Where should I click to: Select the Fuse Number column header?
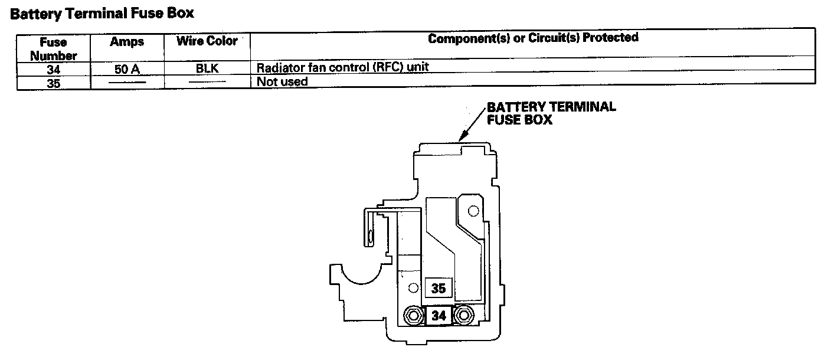coord(53,49)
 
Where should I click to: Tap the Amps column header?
coord(127,42)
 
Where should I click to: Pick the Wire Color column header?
coord(207,41)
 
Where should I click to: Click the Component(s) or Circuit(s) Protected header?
coord(533,38)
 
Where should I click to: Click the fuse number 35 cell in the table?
coord(53,83)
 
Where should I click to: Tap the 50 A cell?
coord(127,69)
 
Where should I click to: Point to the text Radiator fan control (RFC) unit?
coord(342,67)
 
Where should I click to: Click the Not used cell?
coord(282,81)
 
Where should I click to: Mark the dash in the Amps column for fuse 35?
coord(127,83)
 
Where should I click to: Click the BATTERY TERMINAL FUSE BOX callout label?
coord(551,113)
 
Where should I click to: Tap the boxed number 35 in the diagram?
coord(438,289)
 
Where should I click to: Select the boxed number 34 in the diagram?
coord(438,316)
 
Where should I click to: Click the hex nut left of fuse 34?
coord(413,316)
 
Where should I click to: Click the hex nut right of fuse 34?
coord(464,316)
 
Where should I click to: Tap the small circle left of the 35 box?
coord(413,288)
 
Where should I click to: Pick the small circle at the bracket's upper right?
coord(472,211)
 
